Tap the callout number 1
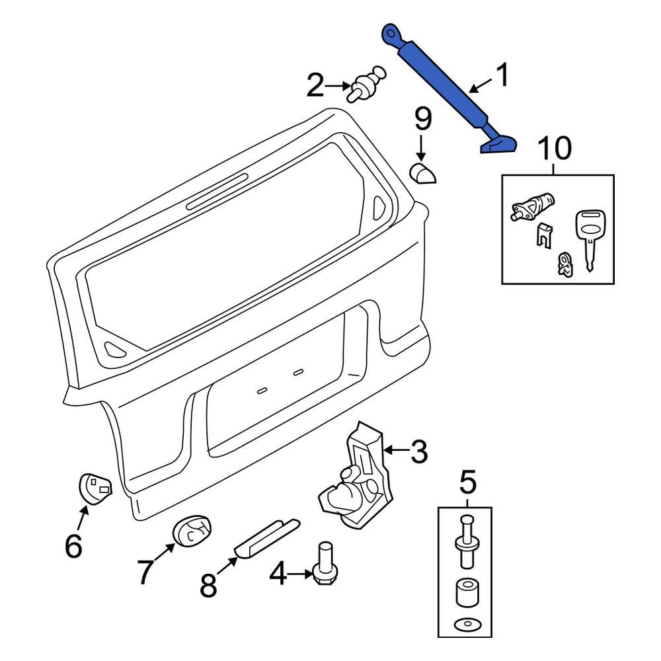click(x=504, y=76)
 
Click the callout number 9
click(x=423, y=120)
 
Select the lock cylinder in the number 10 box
click(x=531, y=206)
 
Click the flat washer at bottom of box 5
click(x=466, y=625)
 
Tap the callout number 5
click(x=467, y=483)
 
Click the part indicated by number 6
click(x=95, y=488)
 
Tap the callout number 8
click(x=209, y=585)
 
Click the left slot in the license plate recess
click(x=262, y=390)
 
